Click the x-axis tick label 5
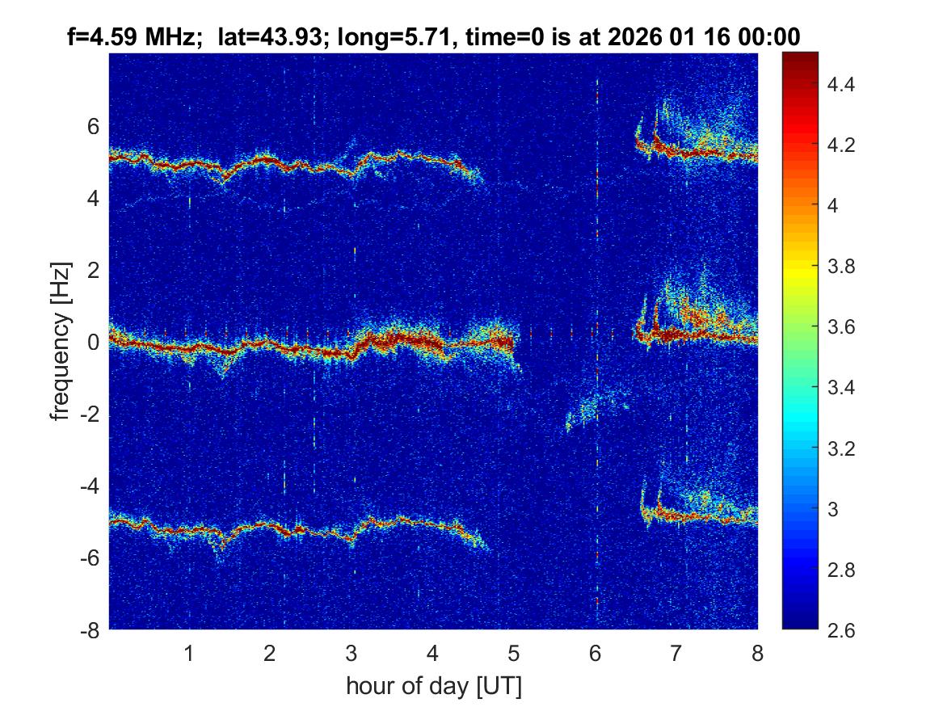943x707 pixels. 513,653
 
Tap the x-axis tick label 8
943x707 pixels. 757,653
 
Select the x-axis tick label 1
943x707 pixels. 189,653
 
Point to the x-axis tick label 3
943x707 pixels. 352,653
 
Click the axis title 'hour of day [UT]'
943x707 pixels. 433,686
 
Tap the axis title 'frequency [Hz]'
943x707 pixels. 60,341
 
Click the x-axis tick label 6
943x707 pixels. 595,653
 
